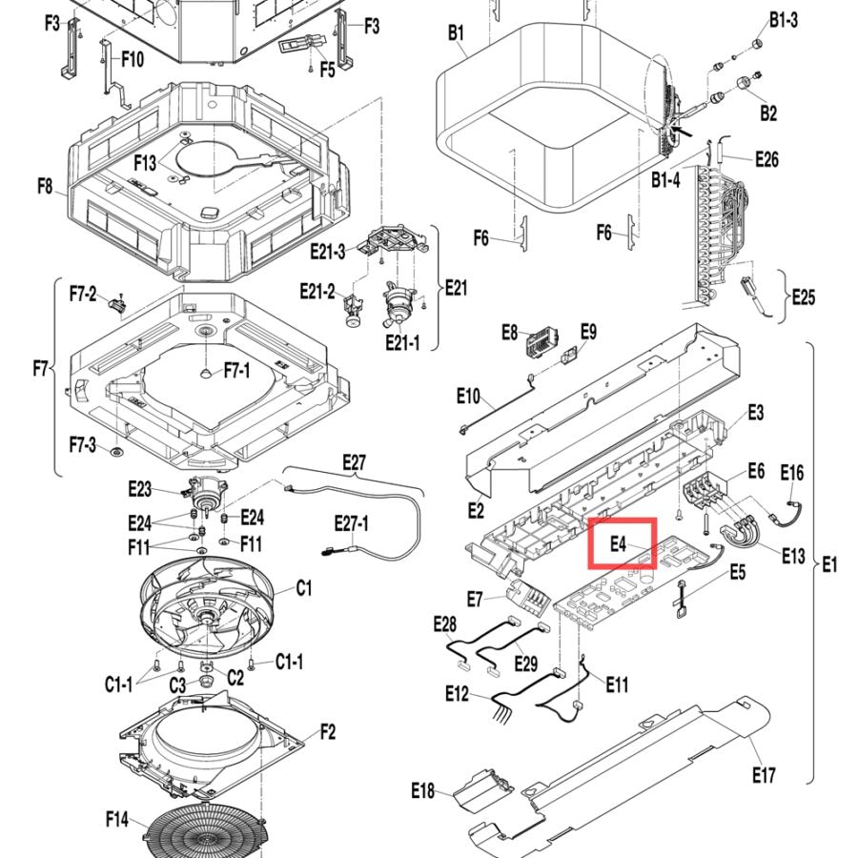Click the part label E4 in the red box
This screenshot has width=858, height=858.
(x=618, y=544)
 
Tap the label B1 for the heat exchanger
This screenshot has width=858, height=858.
(x=456, y=32)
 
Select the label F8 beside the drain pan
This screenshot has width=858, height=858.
(x=45, y=186)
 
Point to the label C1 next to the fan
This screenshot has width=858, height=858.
(x=304, y=588)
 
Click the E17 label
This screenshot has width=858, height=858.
(x=764, y=775)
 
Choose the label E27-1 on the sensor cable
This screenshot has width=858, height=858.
(x=351, y=523)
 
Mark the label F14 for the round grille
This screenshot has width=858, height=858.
(x=117, y=819)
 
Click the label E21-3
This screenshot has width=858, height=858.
(x=328, y=252)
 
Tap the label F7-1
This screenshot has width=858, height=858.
(x=237, y=371)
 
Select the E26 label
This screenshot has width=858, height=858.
(x=766, y=159)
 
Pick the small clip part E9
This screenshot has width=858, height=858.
(x=569, y=355)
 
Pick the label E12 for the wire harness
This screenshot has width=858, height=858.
(x=457, y=694)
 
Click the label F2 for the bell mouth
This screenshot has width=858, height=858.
(x=328, y=731)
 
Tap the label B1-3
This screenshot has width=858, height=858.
(x=784, y=20)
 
